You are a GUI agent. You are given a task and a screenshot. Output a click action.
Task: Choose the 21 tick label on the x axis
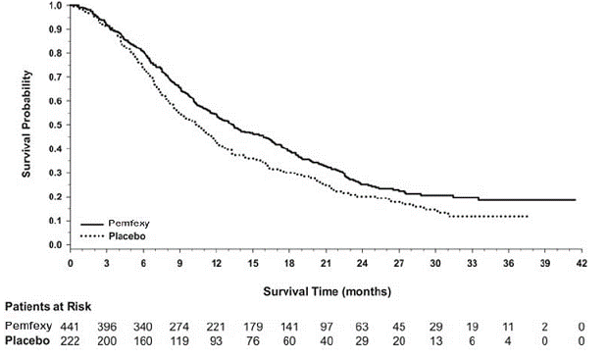coord(326,264)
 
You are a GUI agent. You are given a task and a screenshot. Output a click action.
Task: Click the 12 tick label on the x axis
coord(216,264)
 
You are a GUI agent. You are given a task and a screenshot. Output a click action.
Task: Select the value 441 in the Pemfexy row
coord(71,325)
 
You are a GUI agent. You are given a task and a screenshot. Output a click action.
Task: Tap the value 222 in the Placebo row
coord(71,339)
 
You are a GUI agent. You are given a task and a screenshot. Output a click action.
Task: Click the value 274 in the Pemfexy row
coord(179,325)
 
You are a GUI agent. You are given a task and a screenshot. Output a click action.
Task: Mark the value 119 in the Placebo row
coord(179,339)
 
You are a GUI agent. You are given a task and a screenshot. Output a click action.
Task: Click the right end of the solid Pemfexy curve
coord(575,199)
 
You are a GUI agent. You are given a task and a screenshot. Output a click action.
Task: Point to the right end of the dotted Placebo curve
coord(529,216)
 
